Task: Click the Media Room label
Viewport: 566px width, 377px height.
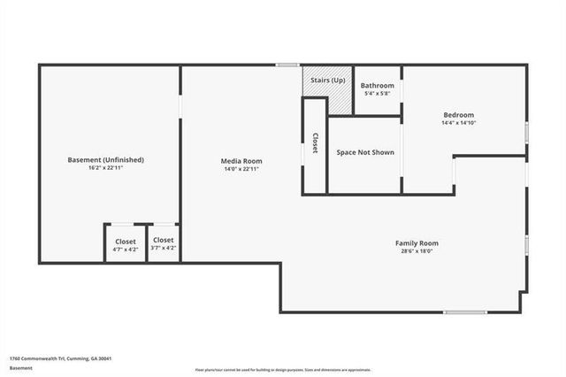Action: (x=241, y=161)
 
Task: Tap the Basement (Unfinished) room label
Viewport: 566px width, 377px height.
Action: (x=105, y=160)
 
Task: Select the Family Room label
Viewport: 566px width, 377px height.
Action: (x=416, y=243)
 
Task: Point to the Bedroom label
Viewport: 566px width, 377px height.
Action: (x=458, y=115)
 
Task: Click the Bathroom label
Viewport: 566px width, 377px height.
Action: (x=377, y=86)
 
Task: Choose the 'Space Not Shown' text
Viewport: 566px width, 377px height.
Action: (x=365, y=152)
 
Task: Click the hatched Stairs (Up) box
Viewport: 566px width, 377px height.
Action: (x=327, y=81)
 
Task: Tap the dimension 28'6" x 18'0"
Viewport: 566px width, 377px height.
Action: (x=416, y=251)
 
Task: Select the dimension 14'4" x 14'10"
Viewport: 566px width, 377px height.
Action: (x=458, y=123)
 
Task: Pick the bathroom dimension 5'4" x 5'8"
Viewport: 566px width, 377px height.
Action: (x=377, y=94)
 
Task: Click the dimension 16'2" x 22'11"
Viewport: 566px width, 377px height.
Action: (x=105, y=168)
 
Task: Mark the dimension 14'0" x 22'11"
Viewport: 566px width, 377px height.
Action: (x=241, y=169)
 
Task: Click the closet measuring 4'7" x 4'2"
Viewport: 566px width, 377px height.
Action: (x=126, y=244)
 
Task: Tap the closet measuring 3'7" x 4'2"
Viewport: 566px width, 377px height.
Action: (x=164, y=243)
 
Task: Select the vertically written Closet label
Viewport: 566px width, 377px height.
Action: (x=315, y=144)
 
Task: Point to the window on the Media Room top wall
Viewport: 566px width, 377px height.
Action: (x=286, y=65)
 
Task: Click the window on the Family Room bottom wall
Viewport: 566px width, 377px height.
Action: (x=465, y=312)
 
